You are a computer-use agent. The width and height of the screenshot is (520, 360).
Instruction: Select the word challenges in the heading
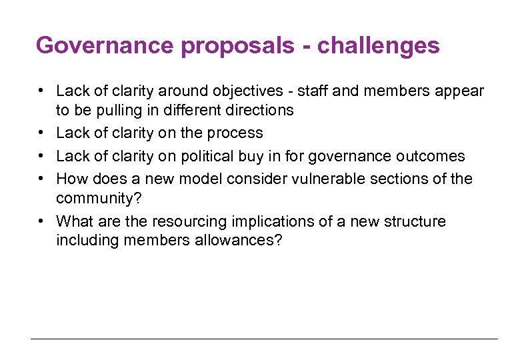[x=378, y=46]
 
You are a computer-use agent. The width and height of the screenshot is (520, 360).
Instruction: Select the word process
[x=235, y=133]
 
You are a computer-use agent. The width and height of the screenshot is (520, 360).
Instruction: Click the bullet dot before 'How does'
[x=41, y=179]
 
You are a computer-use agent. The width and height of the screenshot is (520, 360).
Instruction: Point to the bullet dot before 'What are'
[x=41, y=221]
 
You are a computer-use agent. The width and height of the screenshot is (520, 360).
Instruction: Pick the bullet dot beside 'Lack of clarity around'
[x=41, y=91]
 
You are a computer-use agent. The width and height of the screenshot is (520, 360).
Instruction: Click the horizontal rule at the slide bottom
[x=264, y=339]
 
